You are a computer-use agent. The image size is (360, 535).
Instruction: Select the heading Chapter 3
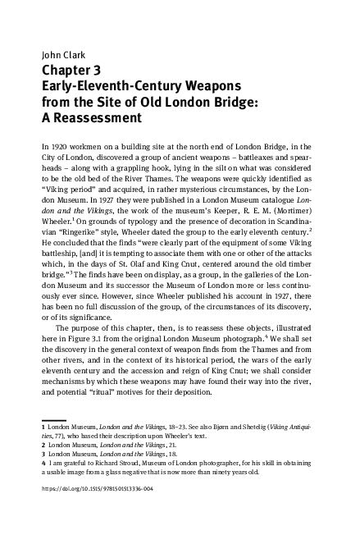(x=75, y=71)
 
